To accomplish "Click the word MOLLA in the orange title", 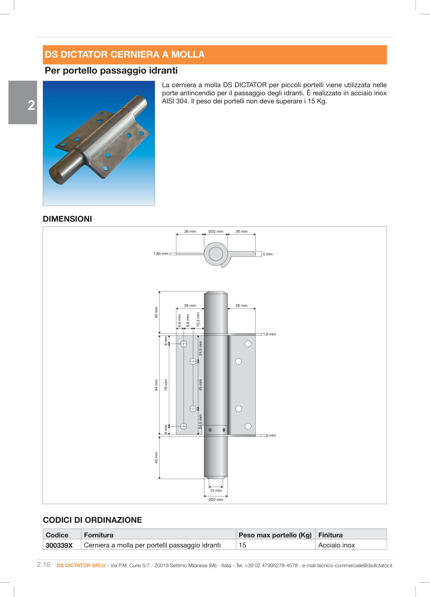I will point(188,54).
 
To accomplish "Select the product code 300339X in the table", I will point(59,545).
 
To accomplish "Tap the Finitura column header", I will point(330,535).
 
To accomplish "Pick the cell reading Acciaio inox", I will point(336,545).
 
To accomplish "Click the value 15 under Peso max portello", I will point(243,545).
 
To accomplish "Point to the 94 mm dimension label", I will point(156,385).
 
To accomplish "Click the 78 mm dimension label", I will point(166,385).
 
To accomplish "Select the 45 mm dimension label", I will point(200,385).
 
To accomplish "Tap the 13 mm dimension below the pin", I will point(216,490).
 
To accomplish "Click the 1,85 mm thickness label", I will point(161,254).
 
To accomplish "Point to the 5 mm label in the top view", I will point(267,254).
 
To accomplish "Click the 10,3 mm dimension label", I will point(198,319).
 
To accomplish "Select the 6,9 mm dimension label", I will point(179,321).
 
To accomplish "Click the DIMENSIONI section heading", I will point(67,219).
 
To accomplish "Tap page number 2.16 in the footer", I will point(44,565).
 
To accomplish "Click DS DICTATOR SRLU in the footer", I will point(81,565).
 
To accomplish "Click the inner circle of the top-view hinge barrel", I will point(216,254).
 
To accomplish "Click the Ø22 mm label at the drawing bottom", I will point(216,499).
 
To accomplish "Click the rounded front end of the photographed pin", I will point(57,175).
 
